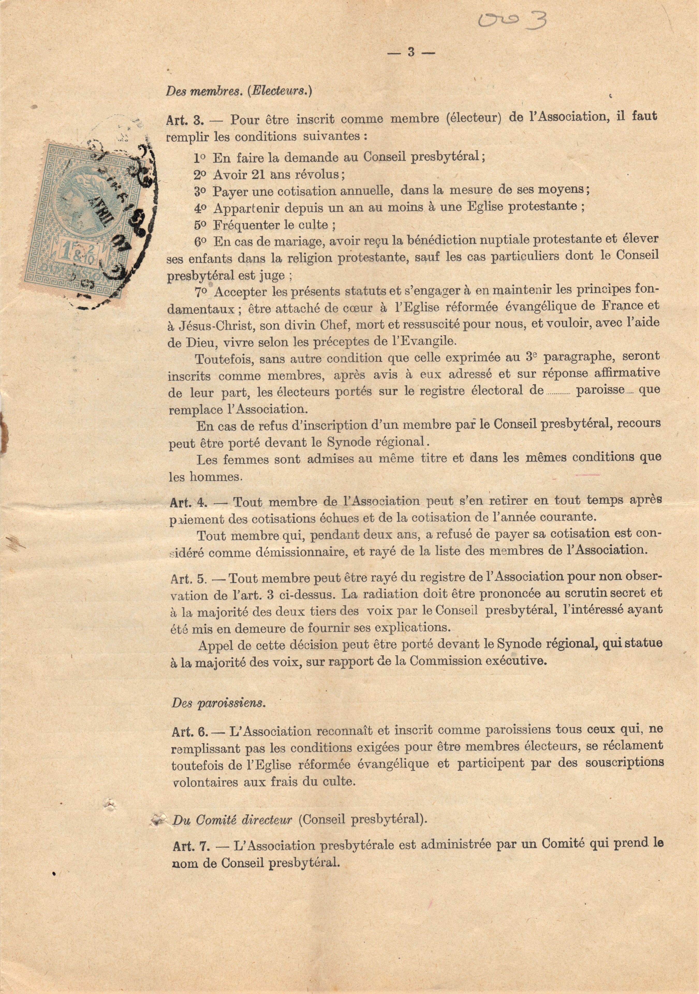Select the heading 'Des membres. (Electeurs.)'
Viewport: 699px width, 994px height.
(239, 91)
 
